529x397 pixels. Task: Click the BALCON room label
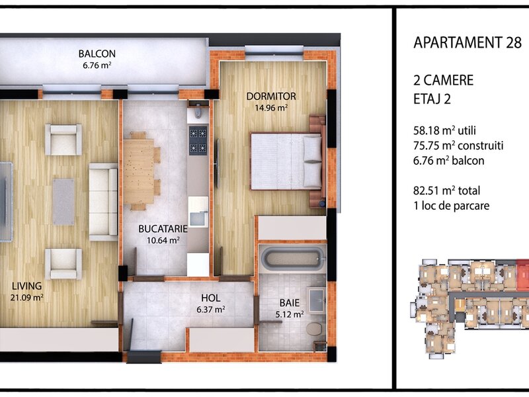[x=97, y=54]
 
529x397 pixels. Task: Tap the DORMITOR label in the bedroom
[x=271, y=96]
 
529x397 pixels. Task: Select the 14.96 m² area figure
[x=271, y=108]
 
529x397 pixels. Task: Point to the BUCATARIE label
[x=163, y=228]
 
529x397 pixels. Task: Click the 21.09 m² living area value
[x=26, y=297]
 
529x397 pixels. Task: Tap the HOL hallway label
[x=210, y=298]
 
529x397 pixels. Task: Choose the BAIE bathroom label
[x=290, y=303]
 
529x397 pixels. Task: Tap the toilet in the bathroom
[x=315, y=328]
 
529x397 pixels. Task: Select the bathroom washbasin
[x=317, y=300]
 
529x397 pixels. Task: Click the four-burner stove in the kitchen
[x=198, y=140]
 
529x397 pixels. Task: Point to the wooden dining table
[x=139, y=171]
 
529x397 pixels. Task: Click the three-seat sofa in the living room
[x=103, y=202]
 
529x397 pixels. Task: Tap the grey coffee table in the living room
[x=63, y=202]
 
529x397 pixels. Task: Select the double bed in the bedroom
[x=286, y=161]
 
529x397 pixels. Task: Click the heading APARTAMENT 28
[x=468, y=42]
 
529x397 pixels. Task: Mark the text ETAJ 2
[x=432, y=99]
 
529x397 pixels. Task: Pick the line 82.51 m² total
[x=447, y=191]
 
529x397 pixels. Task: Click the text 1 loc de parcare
[x=452, y=206]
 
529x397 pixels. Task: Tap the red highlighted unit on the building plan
[x=522, y=275]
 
